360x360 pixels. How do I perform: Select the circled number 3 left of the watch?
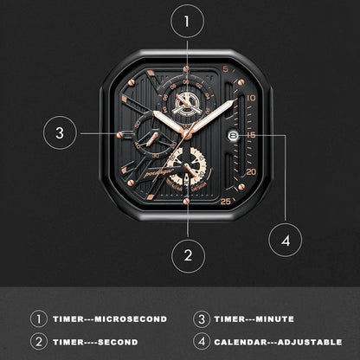click(59, 133)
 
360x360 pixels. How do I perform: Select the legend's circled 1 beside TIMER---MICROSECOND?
click(38, 319)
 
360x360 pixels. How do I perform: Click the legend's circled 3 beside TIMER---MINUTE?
click(201, 319)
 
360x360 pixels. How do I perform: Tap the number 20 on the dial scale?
click(250, 172)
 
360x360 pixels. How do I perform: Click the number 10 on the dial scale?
click(250, 98)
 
